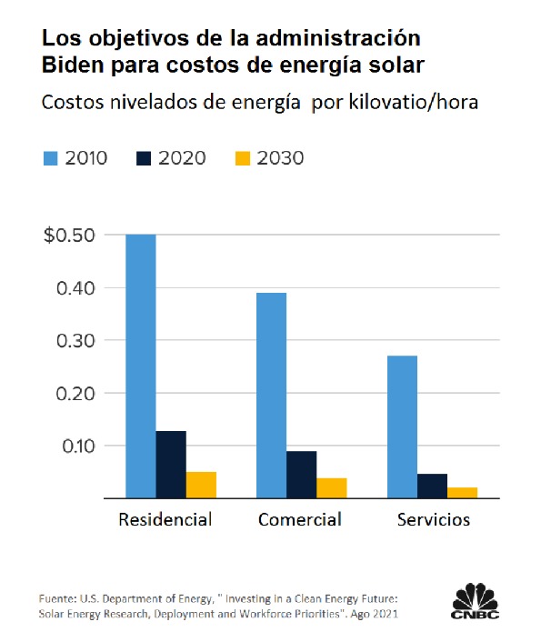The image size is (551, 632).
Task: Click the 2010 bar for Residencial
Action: pyautogui.click(x=141, y=366)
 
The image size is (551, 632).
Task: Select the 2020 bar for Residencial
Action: pyautogui.click(x=171, y=465)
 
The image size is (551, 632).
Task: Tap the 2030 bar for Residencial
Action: pyautogui.click(x=201, y=485)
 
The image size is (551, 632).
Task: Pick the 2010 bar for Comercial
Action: pyautogui.click(x=272, y=396)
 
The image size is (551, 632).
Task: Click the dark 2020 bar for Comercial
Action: pyautogui.click(x=302, y=475)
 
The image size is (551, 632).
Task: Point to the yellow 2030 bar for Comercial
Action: pyautogui.click(x=332, y=488)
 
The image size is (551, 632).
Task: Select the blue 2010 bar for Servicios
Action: pyautogui.click(x=403, y=426)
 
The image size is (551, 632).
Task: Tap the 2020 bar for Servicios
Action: pyautogui.click(x=433, y=486)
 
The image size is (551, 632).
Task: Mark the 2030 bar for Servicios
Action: pyautogui.click(x=463, y=493)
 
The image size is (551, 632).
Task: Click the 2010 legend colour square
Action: pyautogui.click(x=51, y=158)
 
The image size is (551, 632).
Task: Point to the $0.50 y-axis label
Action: pyautogui.click(x=67, y=236)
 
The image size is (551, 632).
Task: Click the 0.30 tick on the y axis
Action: pyautogui.click(x=75, y=341)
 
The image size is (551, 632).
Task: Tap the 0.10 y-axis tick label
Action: pyautogui.click(x=75, y=446)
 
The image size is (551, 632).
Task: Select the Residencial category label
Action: pyautogui.click(x=165, y=520)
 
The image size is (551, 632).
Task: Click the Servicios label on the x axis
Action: pyautogui.click(x=434, y=520)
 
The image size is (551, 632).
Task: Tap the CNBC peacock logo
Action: pyautogui.click(x=476, y=600)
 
